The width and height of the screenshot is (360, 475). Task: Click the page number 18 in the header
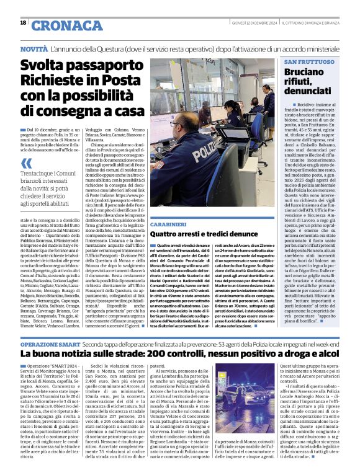(23, 22)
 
